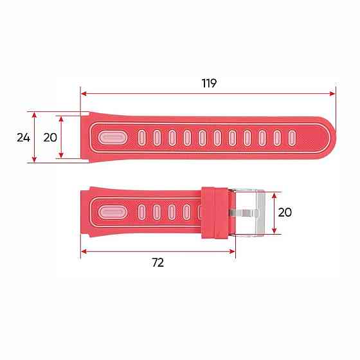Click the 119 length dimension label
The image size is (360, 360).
(209, 83)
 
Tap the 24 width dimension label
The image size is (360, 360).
(23, 137)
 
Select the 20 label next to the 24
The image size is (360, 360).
(50, 137)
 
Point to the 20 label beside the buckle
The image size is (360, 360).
(285, 212)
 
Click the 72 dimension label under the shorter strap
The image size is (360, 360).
(157, 262)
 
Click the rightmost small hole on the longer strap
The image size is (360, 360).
(292, 138)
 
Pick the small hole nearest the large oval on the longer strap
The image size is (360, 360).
(141, 138)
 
